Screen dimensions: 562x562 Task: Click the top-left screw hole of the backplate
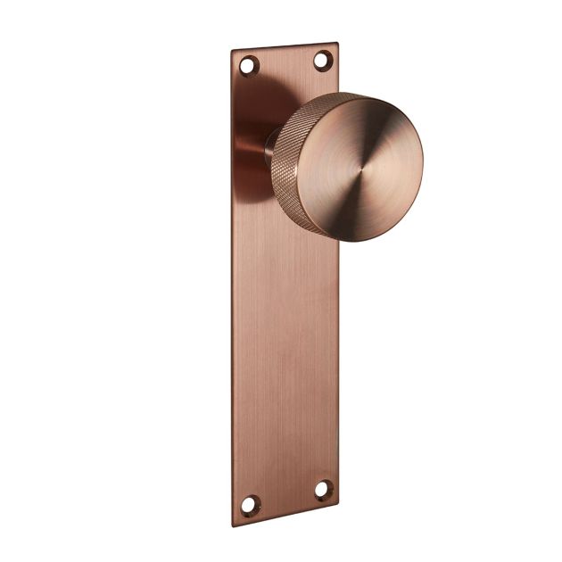click(x=250, y=65)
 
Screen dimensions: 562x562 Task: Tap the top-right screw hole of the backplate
click(x=322, y=59)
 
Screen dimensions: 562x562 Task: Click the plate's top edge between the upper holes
click(x=285, y=45)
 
